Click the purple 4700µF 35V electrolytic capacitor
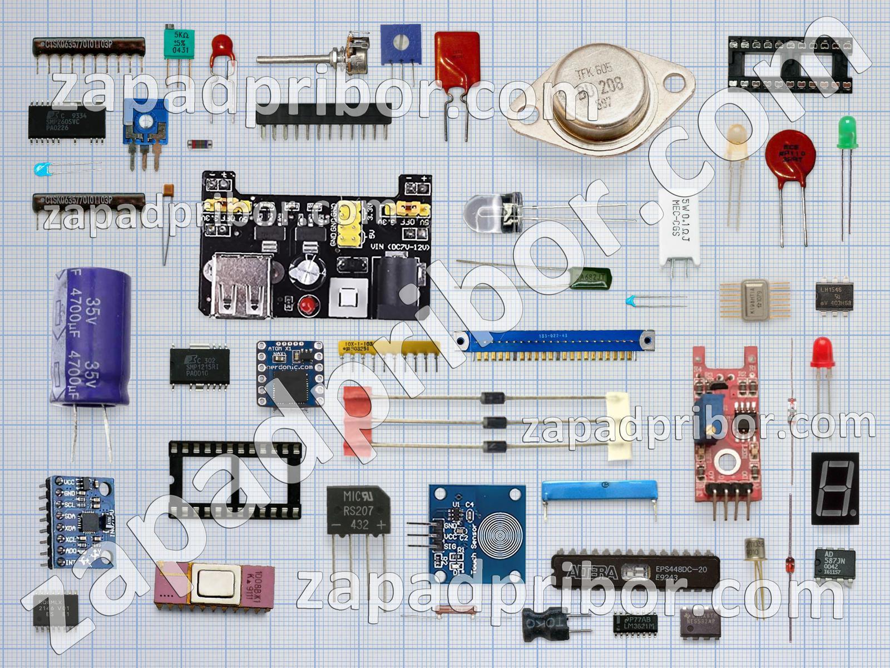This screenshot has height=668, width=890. [92, 337]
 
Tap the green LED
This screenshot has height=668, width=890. [847, 132]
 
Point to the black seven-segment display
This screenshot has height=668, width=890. [834, 488]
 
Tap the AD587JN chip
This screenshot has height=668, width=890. [834, 563]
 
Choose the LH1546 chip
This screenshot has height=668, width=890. [834, 297]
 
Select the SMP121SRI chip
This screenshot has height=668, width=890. [199, 366]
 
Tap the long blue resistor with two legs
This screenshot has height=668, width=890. [599, 492]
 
